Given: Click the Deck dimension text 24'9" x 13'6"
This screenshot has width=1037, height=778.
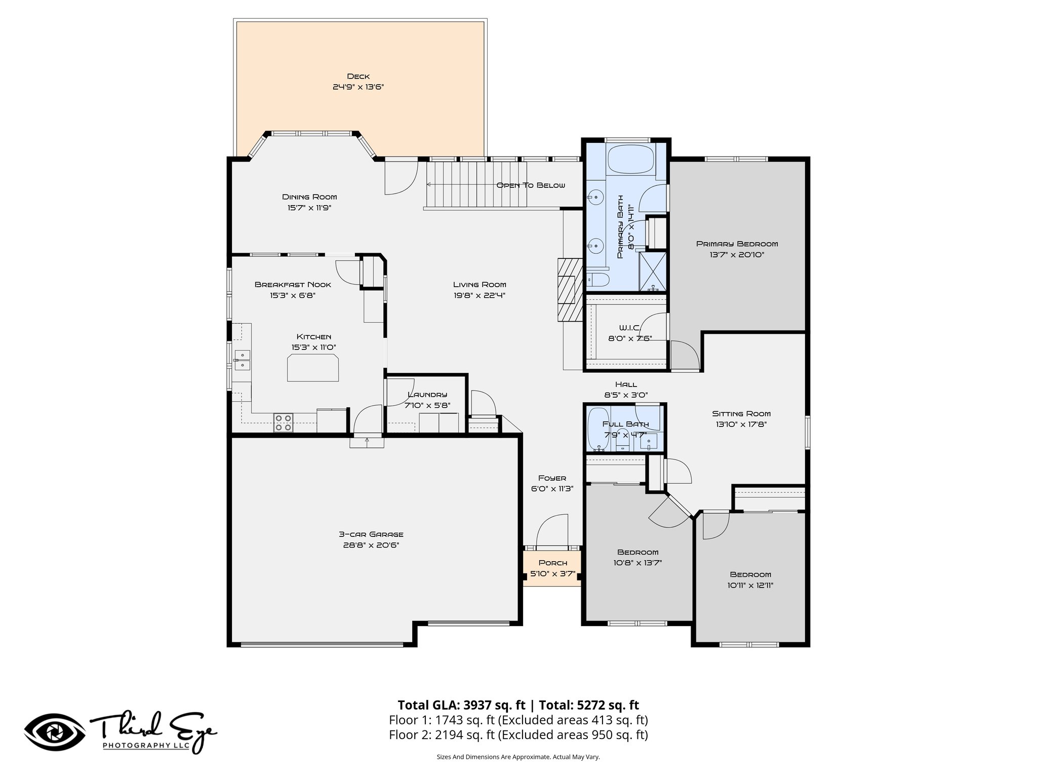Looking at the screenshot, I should point(358,87).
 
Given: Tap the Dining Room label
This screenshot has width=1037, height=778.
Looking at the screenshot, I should point(309,197).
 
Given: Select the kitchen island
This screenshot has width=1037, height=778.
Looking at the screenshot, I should point(313,368).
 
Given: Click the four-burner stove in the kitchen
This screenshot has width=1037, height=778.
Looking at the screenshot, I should point(284,422).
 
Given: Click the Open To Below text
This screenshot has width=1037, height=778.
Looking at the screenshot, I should point(530,185).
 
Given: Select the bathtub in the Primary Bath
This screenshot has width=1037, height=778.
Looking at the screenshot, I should point(630,160).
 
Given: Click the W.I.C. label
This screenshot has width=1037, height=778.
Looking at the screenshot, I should point(629,328).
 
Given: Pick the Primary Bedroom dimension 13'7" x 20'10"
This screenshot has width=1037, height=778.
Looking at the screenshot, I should point(737,255).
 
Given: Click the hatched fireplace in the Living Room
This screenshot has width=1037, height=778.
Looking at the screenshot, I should point(570,290).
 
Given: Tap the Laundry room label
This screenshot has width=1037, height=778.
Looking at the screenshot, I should point(427,395).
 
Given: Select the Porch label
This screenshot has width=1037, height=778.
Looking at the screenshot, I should point(552,563).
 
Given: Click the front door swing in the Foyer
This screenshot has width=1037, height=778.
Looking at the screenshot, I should point(552,532).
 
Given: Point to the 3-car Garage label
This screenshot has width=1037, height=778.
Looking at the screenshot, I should point(371,534).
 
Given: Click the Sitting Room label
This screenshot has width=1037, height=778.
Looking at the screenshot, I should point(741,414).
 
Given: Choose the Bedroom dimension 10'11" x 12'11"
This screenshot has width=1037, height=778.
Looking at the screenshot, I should point(750,586).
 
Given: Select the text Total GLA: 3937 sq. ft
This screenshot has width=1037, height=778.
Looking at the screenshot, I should point(462,705).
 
